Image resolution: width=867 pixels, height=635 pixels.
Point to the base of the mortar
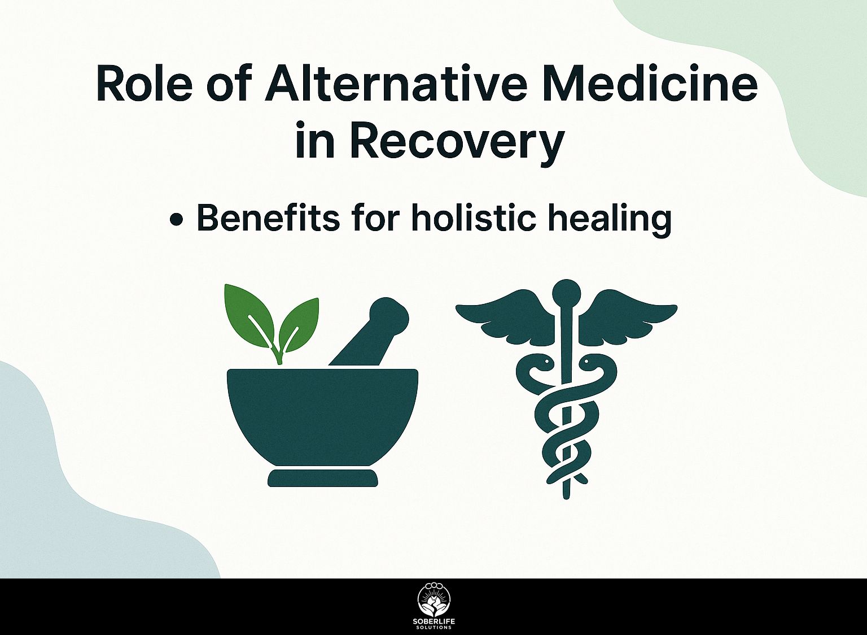322,477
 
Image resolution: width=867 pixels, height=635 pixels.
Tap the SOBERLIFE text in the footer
433,622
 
